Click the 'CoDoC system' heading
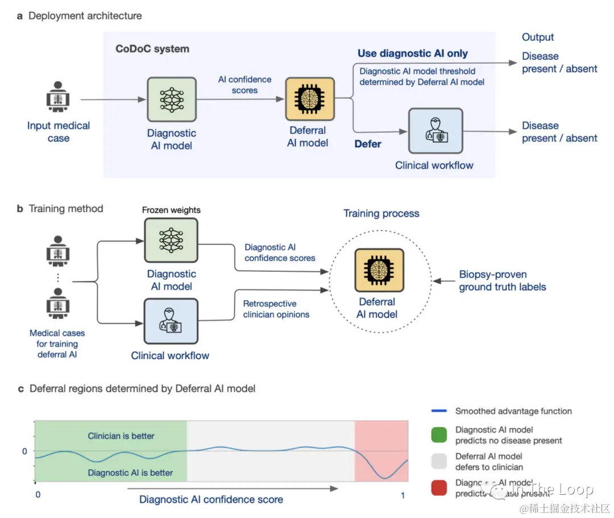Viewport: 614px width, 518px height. click(152, 49)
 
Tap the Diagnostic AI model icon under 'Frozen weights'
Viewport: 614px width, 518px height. click(171, 239)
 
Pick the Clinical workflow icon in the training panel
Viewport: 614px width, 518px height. click(171, 321)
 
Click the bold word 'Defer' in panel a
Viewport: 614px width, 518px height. click(368, 144)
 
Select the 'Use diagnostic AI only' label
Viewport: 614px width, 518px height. click(413, 53)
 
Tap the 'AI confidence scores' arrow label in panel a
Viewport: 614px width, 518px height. click(245, 85)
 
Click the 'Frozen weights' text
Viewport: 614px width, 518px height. click(171, 210)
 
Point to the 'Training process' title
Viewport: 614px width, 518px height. click(381, 214)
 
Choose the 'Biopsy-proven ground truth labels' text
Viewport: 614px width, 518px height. click(503, 281)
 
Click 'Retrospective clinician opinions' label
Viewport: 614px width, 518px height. click(276, 309)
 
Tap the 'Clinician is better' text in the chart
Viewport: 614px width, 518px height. click(121, 436)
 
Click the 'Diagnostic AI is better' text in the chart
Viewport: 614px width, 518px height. click(130, 473)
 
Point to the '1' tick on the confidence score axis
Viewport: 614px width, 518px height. click(403, 496)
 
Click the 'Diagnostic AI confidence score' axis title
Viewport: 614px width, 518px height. click(211, 500)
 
